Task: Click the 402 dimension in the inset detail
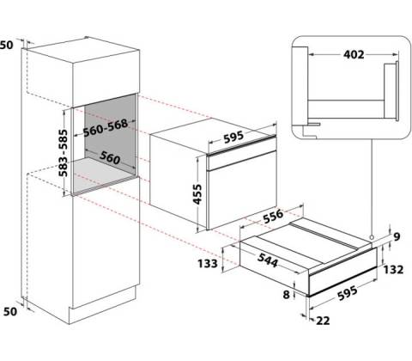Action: (x=354, y=54)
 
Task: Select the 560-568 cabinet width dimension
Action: (x=106, y=127)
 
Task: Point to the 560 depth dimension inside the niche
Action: (x=110, y=157)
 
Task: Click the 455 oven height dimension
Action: (x=197, y=194)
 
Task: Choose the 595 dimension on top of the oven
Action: (x=233, y=137)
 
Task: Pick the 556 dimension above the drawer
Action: (x=273, y=217)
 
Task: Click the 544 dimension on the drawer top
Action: (x=268, y=260)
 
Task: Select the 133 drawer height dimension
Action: (x=208, y=263)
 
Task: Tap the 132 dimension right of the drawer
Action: (x=393, y=270)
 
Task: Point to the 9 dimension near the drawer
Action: (x=397, y=236)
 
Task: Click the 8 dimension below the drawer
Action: (x=287, y=295)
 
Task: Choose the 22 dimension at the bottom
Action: (x=323, y=321)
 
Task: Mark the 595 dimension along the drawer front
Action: (x=348, y=293)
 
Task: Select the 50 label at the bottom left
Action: (x=10, y=311)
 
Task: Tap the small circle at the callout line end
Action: (x=372, y=237)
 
